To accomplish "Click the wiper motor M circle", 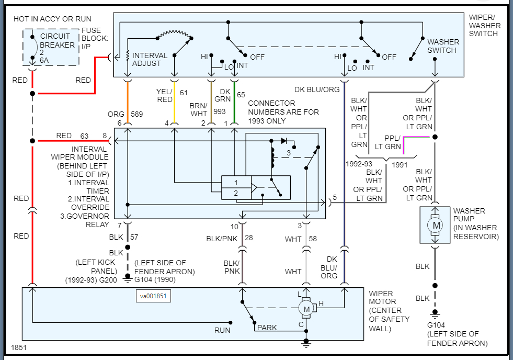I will click(306, 309).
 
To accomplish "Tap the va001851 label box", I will click(153, 296).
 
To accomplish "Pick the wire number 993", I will click(219, 111).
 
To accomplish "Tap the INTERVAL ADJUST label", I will click(150, 59).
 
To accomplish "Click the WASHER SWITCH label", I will click(443, 46).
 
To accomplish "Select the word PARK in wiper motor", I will click(267, 328).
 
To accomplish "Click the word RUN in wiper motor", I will click(222, 330).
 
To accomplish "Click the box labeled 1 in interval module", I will click(236, 183).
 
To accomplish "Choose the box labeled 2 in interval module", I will click(236, 193).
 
